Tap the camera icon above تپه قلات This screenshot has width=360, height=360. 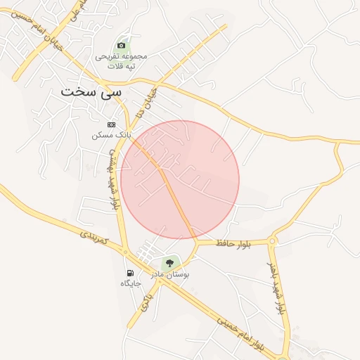(x=121, y=46)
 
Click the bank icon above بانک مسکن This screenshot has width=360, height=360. (x=110, y=124)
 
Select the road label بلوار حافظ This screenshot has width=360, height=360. (x=234, y=243)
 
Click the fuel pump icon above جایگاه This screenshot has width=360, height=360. (x=130, y=273)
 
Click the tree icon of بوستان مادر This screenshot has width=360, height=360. (x=167, y=263)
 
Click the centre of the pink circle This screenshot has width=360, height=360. (x=180, y=180)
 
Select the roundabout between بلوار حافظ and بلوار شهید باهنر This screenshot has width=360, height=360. (x=272, y=241)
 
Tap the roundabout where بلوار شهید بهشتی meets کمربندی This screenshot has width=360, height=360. (x=124, y=251)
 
